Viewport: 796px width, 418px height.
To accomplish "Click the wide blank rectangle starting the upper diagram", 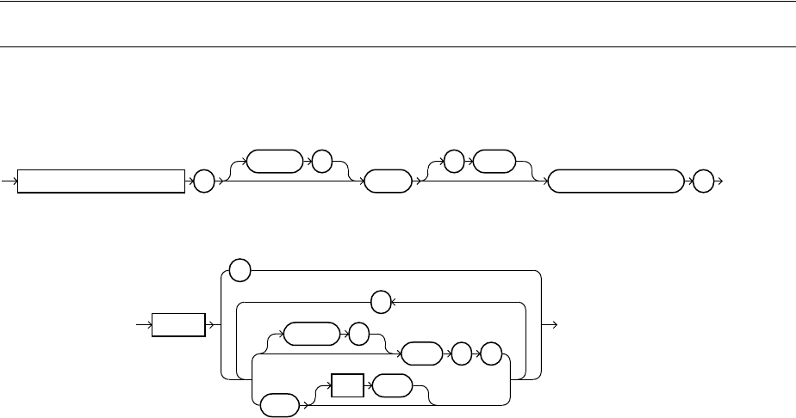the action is (x=102, y=181).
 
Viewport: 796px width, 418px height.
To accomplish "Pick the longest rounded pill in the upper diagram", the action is (x=614, y=181).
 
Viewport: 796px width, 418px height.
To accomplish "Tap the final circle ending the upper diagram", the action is (x=704, y=181).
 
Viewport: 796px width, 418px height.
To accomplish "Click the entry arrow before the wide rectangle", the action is (x=11, y=181).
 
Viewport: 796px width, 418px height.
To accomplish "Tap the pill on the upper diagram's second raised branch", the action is (x=495, y=162).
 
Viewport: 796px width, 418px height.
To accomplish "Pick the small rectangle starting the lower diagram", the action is (x=179, y=326).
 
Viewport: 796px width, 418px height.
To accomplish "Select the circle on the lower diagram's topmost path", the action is (x=240, y=270).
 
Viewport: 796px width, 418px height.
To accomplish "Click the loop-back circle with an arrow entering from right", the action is (x=380, y=302).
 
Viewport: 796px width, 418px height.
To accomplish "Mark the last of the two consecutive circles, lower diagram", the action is (x=490, y=353).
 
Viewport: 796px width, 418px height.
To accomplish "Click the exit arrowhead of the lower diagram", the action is (x=557, y=326).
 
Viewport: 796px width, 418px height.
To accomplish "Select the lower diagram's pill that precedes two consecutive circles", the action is (x=420, y=353).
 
